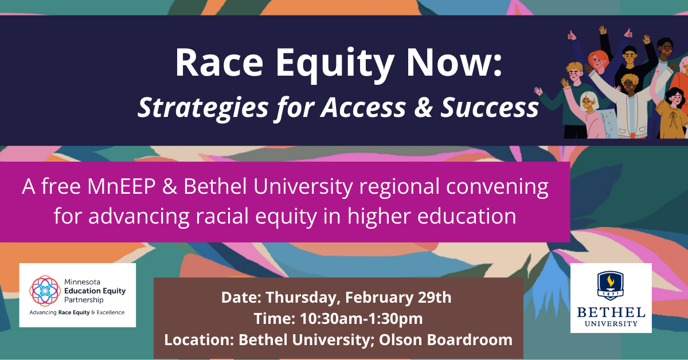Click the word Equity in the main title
[x=335, y=64]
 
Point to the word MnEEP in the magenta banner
[x=122, y=186]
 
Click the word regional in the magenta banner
[x=399, y=187]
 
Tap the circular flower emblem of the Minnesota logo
[x=45, y=291]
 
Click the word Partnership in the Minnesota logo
[x=84, y=300]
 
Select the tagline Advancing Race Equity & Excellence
[x=77, y=312]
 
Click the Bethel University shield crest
[x=610, y=285]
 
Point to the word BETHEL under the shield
[x=611, y=312]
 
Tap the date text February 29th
[x=398, y=298]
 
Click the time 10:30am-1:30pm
[x=361, y=319]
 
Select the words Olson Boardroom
[x=445, y=340]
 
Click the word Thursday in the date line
[x=303, y=298]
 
